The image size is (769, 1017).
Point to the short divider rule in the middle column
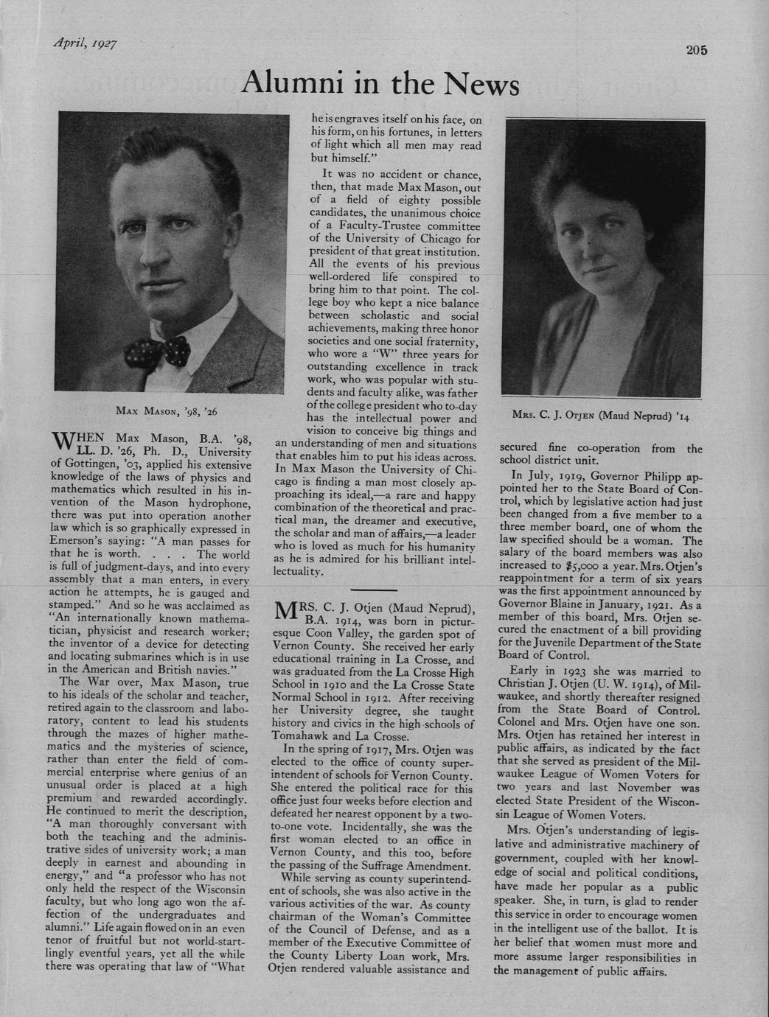(x=374, y=590)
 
